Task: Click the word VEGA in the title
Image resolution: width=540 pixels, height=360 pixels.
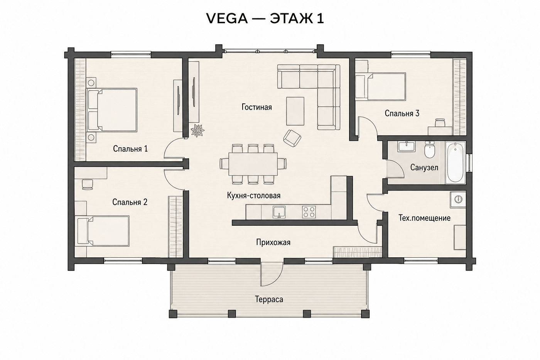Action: click(x=227, y=19)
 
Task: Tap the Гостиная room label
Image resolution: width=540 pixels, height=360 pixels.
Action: click(x=257, y=107)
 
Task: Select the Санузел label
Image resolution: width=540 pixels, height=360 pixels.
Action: click(x=424, y=167)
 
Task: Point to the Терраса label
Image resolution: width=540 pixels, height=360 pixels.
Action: click(x=269, y=299)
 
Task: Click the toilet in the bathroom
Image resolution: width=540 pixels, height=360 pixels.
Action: click(x=429, y=150)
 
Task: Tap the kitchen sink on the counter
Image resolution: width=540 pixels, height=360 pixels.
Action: click(x=279, y=212)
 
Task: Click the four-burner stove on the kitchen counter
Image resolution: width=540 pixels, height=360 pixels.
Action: click(x=309, y=212)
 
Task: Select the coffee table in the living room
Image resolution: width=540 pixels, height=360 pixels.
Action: click(x=295, y=111)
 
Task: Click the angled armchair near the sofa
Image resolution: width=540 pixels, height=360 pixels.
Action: click(x=292, y=139)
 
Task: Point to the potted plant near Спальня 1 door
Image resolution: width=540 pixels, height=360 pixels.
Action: click(x=197, y=131)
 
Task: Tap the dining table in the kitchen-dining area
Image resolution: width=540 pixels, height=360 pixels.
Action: click(x=253, y=164)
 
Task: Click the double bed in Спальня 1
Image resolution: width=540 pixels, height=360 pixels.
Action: click(x=112, y=110)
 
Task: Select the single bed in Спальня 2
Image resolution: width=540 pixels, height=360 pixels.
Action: click(x=103, y=231)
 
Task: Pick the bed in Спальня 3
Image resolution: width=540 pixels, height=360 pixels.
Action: click(x=381, y=86)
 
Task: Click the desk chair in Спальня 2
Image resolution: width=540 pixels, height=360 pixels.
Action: click(x=87, y=184)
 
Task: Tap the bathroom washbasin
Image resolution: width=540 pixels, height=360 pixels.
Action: click(x=406, y=146)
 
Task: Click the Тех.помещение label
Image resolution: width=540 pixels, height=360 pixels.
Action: click(x=425, y=218)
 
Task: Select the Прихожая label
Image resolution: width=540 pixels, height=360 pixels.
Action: click(x=273, y=242)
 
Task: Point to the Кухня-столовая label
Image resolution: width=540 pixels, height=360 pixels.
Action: click(x=254, y=196)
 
